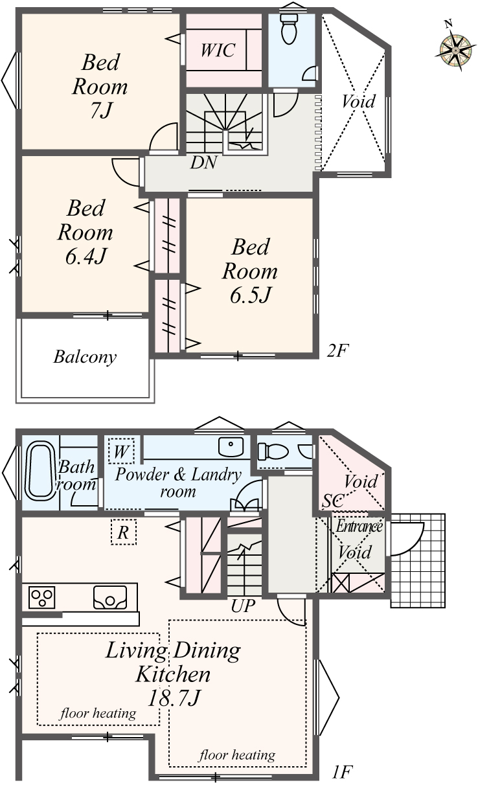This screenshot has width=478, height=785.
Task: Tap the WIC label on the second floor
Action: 218,50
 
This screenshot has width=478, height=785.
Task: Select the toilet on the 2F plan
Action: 290,28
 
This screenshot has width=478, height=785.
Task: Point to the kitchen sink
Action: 110,597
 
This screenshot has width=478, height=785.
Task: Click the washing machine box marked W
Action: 121,451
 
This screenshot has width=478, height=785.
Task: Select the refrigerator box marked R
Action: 123,532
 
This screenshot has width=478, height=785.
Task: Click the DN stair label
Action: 203,163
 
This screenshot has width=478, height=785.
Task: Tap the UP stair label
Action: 243,606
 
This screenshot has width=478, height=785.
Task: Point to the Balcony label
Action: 85,357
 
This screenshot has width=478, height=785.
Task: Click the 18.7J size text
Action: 174,698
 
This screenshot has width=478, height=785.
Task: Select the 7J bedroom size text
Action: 101,110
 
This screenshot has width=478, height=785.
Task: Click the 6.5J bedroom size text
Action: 250,295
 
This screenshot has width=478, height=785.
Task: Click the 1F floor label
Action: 342,771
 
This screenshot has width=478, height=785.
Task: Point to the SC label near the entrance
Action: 333,501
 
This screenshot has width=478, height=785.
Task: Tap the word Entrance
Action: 359,527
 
